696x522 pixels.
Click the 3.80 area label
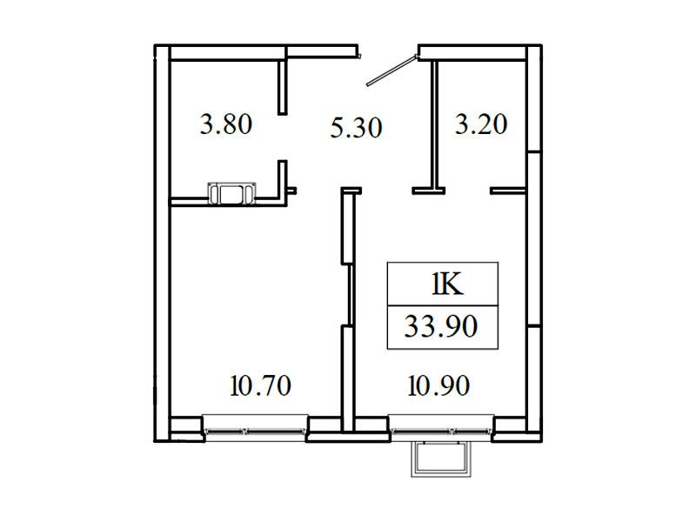pyautogui.click(x=226, y=124)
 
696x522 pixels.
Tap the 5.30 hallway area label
pyautogui.click(x=357, y=128)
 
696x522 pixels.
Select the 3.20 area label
pyautogui.click(x=481, y=124)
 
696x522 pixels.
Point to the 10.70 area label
pyautogui.click(x=261, y=385)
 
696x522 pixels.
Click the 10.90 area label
pyautogui.click(x=438, y=385)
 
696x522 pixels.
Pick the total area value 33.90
pyautogui.click(x=441, y=327)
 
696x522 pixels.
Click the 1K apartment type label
pyautogui.click(x=447, y=284)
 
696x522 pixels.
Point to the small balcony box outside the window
pyautogui.click(x=441, y=459)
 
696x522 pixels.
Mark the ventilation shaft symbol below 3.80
pyautogui.click(x=231, y=194)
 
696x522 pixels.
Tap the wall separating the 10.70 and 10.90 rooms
pyautogui.click(x=347, y=311)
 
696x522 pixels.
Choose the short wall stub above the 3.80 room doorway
pyautogui.click(x=282, y=87)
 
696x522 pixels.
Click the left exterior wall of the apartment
pyautogui.click(x=162, y=244)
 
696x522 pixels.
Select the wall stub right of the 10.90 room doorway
pyautogui.click(x=508, y=191)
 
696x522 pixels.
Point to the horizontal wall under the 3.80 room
pyautogui.click(x=226, y=202)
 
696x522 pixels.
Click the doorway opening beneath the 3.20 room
pyautogui.click(x=468, y=191)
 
